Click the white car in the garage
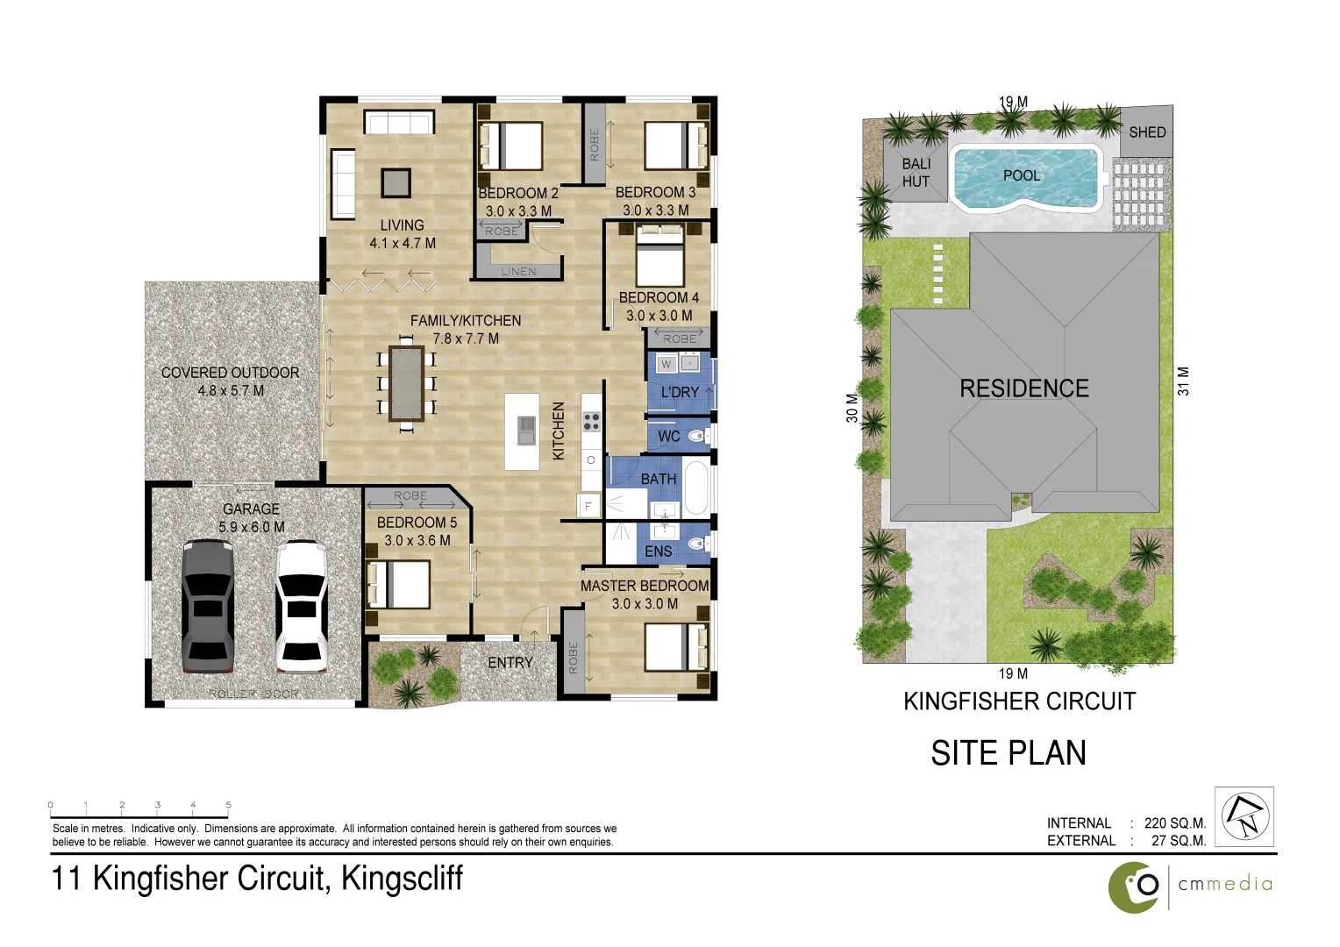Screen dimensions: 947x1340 pos(302,607)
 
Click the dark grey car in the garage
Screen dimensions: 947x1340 pos(208,607)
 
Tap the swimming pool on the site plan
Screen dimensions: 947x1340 pos(1025,179)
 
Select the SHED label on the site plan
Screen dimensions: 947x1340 pos(1147,132)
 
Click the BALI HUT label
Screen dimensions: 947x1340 pos(916,173)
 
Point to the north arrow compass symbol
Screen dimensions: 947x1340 pos(1244,816)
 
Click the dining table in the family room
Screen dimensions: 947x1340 pos(406,384)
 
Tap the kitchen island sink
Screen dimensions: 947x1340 pos(526,431)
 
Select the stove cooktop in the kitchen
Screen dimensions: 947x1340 pos(592,421)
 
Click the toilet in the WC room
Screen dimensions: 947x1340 pos(698,436)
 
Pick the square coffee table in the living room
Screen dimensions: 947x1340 pos(396,182)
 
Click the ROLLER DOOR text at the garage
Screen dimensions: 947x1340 pos(253,694)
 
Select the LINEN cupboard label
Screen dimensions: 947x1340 pos(518,272)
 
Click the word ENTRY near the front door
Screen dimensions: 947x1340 pos(510,663)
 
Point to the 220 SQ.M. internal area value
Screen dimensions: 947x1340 pos(1174,823)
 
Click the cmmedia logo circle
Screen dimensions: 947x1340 pos(1134,887)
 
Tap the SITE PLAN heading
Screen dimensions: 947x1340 pos(1009,753)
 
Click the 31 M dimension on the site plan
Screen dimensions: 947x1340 pos(1184,381)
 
